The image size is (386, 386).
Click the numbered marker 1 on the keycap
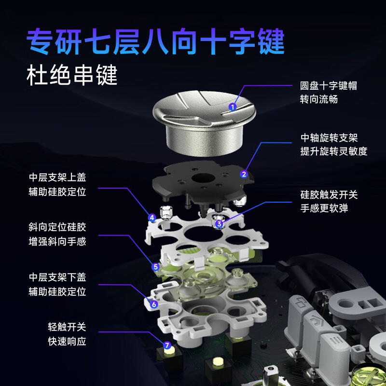point(233,107)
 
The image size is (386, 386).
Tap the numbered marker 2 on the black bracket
point(244,174)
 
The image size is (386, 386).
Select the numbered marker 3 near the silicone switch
point(219,224)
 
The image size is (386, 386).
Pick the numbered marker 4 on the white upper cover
point(152,218)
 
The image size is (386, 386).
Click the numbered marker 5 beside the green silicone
point(155,266)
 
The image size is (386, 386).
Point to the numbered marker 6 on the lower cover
point(154,304)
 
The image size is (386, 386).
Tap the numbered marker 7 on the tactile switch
point(167,345)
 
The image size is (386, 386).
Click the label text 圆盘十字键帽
point(328,86)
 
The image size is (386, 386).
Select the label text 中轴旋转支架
point(329,138)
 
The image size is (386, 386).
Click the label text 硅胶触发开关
point(329,195)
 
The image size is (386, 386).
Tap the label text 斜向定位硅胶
point(57,227)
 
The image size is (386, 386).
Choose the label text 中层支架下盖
point(57,278)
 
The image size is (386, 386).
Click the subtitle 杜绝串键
point(72,76)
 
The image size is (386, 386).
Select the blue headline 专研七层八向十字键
point(156,42)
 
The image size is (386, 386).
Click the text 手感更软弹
point(324,208)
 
